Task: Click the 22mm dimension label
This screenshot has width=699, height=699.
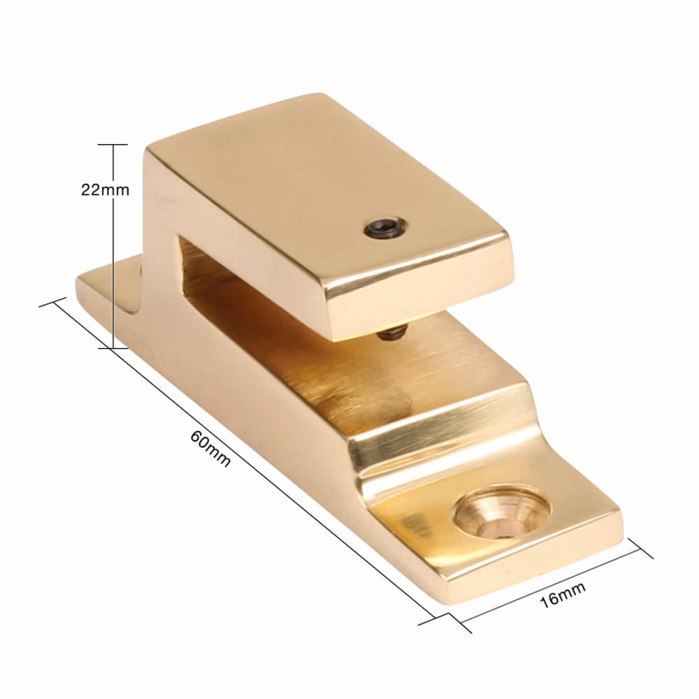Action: point(105,189)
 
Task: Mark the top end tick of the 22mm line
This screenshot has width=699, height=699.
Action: point(111,144)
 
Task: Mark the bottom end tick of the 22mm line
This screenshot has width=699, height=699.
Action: point(111,347)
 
